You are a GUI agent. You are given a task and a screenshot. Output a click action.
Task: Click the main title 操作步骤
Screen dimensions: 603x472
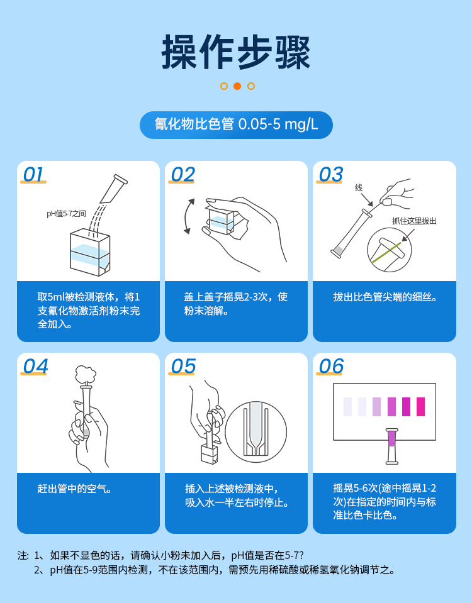(236, 52)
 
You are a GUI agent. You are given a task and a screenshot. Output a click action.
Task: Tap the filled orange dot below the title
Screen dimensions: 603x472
(237, 86)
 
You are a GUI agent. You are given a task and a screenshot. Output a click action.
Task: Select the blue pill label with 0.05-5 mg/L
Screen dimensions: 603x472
(236, 124)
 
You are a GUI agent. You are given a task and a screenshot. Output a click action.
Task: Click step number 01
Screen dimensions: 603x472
(34, 174)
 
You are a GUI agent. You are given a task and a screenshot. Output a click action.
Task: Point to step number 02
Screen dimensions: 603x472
(183, 174)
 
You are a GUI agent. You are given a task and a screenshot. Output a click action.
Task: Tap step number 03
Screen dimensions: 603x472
(330, 174)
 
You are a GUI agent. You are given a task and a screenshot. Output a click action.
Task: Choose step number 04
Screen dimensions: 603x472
(35, 366)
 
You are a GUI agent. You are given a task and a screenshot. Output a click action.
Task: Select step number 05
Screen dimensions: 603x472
(183, 366)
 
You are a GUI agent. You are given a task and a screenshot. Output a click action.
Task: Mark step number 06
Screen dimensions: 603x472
(331, 366)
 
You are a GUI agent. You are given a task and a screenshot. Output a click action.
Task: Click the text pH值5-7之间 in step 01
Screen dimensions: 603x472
(66, 214)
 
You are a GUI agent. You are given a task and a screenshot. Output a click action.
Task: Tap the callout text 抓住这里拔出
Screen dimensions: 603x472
(414, 221)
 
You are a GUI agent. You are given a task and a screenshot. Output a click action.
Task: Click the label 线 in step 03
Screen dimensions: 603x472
(359, 187)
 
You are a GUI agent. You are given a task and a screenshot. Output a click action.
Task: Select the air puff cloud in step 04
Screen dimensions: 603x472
(85, 375)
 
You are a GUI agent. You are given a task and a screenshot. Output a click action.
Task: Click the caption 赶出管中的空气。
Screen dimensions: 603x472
(75, 489)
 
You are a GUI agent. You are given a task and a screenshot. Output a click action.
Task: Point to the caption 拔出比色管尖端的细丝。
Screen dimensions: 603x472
(385, 297)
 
